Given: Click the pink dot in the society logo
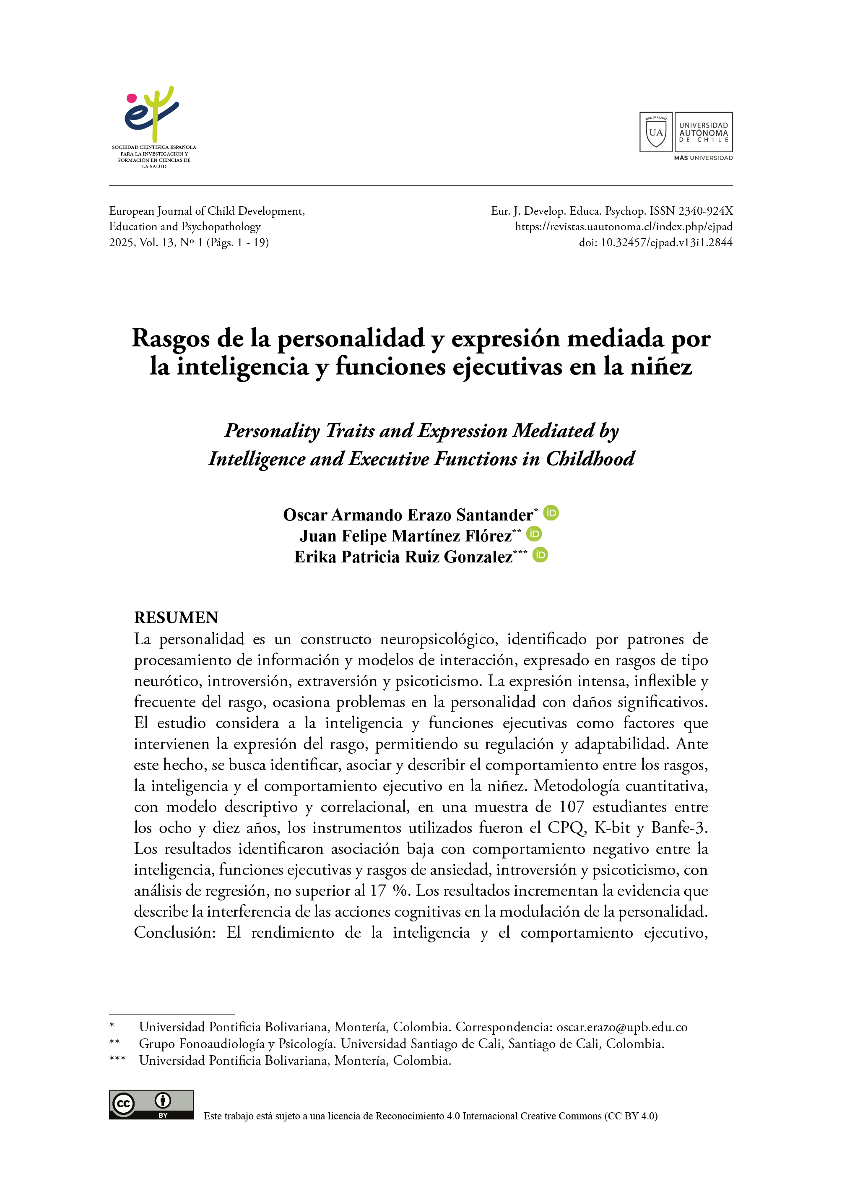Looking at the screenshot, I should (132, 98).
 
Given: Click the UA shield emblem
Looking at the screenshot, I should (656, 132).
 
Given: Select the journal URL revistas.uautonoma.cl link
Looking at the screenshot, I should (623, 226).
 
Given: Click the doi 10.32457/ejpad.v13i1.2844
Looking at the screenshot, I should (666, 242).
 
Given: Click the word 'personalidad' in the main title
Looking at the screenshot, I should (351, 338).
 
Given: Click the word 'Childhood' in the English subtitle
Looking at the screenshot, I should (590, 459).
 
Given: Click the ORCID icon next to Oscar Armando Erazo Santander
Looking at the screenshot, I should (551, 513).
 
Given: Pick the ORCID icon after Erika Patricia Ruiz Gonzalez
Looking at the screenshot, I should (540, 555).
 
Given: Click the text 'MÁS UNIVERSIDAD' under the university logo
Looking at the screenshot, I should (703, 158).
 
